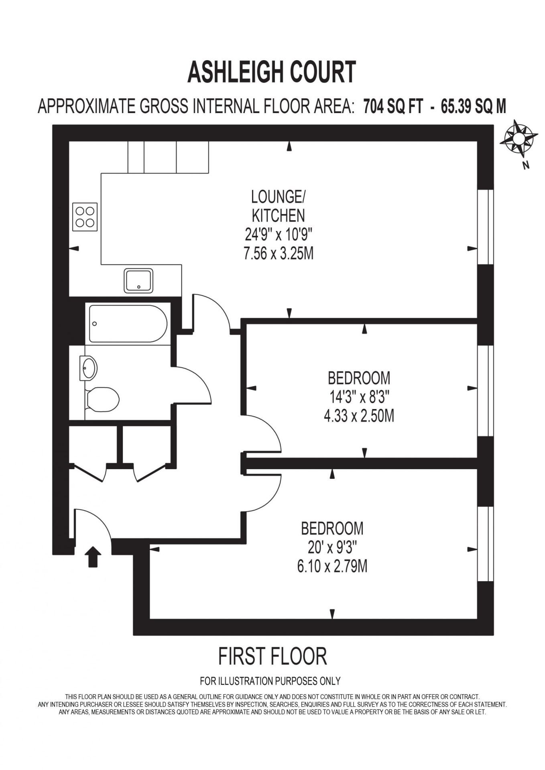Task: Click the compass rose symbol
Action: [x=518, y=139]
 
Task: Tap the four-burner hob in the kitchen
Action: [x=85, y=217]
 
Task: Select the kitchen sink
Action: [x=138, y=280]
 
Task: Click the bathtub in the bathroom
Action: [x=128, y=324]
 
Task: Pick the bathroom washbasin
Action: [x=88, y=367]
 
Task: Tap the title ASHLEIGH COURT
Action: [x=272, y=72]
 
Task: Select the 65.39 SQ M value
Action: [x=474, y=106]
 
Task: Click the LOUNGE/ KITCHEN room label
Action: [x=278, y=206]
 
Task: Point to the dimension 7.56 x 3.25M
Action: [x=278, y=253]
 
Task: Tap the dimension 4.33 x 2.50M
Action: [x=359, y=416]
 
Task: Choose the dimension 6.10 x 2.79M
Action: [x=332, y=567]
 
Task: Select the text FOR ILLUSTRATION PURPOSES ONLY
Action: [x=270, y=681]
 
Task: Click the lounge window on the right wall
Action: [x=485, y=227]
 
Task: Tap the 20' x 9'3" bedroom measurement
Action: [x=332, y=547]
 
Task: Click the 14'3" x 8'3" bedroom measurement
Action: [x=359, y=397]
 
